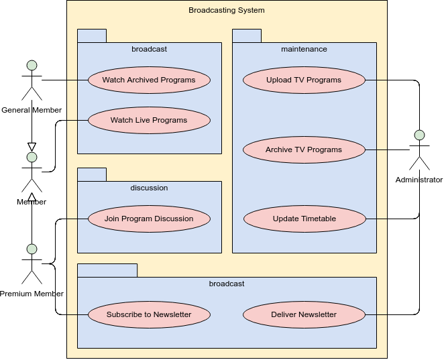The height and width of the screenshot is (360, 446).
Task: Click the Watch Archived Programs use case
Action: (149, 80)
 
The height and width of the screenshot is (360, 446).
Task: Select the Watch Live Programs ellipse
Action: (149, 121)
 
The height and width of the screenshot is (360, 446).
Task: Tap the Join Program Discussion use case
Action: (149, 219)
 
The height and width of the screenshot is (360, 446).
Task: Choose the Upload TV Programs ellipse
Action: (304, 80)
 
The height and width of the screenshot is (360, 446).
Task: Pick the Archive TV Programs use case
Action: (304, 149)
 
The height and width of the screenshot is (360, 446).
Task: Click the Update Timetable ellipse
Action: (304, 219)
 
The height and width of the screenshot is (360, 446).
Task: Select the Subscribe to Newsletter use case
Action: (149, 314)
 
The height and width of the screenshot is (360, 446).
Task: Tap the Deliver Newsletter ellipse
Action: (304, 314)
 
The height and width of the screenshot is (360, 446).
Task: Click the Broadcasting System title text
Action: (227, 10)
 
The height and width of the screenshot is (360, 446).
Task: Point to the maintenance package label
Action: (304, 49)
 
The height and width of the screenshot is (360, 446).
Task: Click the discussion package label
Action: (149, 188)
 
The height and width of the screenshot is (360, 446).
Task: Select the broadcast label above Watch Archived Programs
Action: (149, 49)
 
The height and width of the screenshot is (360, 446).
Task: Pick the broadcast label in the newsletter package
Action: (227, 284)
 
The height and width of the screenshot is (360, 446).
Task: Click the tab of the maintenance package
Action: (247, 36)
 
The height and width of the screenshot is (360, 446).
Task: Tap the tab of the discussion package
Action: (92, 174)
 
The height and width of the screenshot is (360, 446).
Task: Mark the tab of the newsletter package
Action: (107, 270)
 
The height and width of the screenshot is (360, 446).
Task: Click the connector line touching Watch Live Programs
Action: (78, 121)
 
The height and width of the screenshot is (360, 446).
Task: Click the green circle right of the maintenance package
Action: (419, 135)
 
